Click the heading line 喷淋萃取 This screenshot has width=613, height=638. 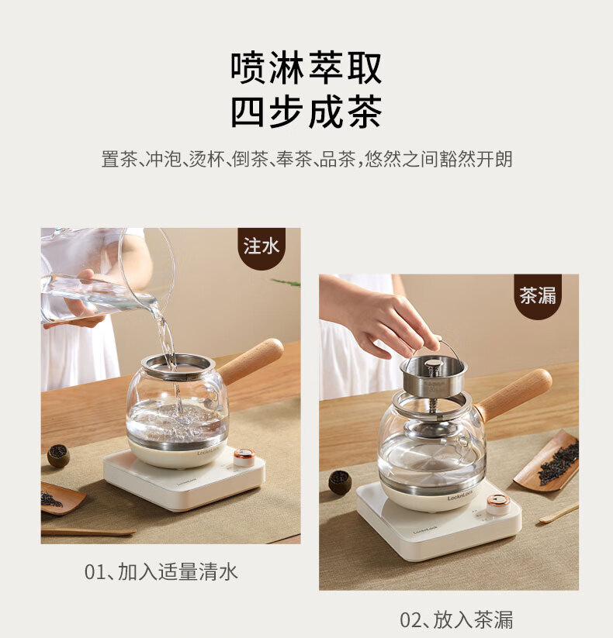[306, 67]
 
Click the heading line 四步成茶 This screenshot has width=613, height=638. [306, 112]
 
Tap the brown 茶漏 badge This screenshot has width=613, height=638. [538, 295]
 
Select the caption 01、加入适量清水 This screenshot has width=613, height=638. [161, 571]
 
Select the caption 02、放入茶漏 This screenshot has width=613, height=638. [456, 619]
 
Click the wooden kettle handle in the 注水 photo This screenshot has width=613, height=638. [251, 360]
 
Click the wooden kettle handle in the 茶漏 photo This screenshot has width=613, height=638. [515, 395]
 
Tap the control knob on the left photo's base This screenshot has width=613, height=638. [244, 457]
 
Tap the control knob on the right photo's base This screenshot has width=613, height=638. [497, 504]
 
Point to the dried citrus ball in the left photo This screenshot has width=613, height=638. [58, 456]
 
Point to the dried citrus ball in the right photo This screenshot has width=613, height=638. [340, 482]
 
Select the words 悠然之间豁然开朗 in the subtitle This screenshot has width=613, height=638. [438, 159]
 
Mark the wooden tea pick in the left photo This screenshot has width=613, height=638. [88, 532]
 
